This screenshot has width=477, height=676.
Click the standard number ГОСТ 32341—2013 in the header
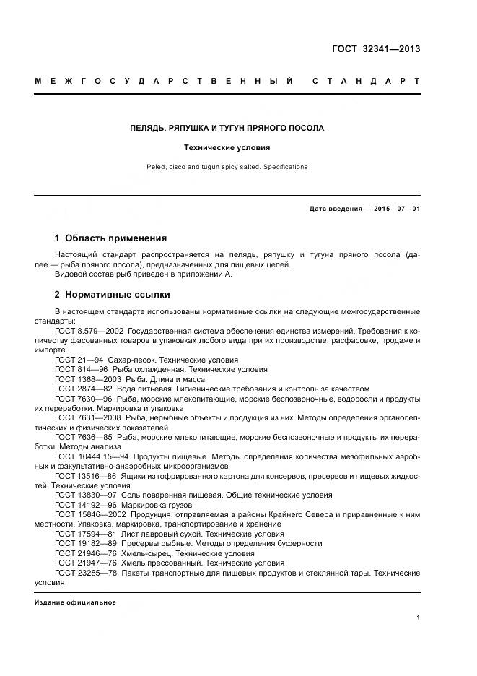pyautogui.click(x=375, y=49)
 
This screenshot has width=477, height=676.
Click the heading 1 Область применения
pyautogui.click(x=110, y=238)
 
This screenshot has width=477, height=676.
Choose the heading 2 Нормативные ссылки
pyautogui.click(x=113, y=295)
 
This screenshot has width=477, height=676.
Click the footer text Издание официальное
pyautogui.click(x=75, y=602)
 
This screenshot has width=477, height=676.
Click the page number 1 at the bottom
pyautogui.click(x=418, y=617)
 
